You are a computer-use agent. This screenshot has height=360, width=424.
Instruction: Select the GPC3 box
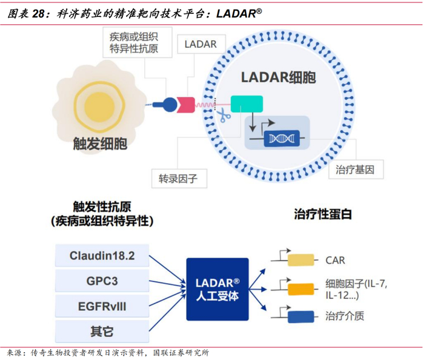click(102, 281)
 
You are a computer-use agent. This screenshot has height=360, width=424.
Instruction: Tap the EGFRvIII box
click(102, 306)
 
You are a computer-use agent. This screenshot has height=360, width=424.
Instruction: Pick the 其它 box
click(102, 331)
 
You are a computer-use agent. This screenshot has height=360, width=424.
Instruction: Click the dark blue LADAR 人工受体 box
click(217, 290)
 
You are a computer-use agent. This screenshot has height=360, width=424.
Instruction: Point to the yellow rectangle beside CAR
click(300, 260)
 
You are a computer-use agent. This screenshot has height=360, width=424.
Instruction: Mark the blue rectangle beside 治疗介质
click(300, 316)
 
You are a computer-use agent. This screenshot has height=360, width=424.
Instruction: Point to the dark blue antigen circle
click(171, 104)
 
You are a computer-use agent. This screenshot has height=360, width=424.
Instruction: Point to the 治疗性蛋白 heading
click(322, 214)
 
